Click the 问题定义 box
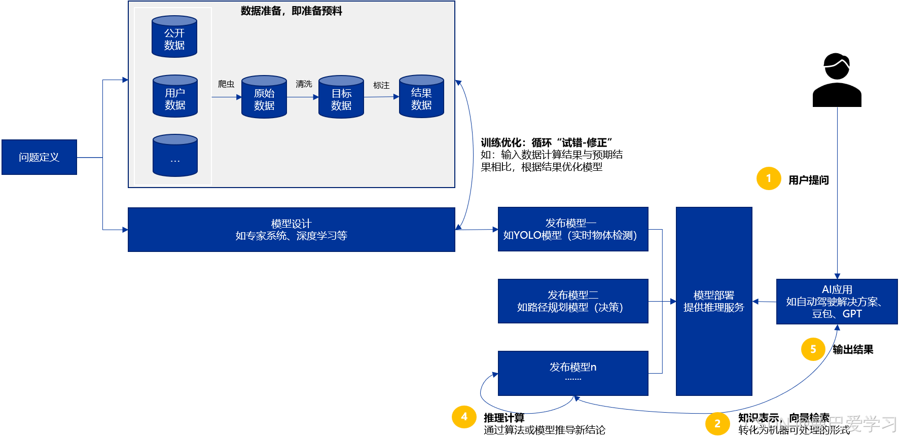[39, 157]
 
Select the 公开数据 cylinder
[174, 37]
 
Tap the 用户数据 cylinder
[175, 96]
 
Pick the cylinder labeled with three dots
[175, 156]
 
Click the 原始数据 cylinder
[264, 97]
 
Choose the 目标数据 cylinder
[341, 97]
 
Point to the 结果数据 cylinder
[421, 97]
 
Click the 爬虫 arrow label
[226, 84]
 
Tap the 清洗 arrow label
[304, 84]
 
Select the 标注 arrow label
[381, 85]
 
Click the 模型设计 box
[291, 230]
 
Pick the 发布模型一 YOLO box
[573, 229]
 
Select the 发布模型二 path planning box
[573, 301]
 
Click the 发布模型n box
[573, 373]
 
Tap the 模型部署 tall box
[714, 301]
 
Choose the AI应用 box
[837, 302]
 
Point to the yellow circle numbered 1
[769, 178]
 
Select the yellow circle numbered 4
[464, 417]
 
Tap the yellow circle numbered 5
[813, 349]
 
